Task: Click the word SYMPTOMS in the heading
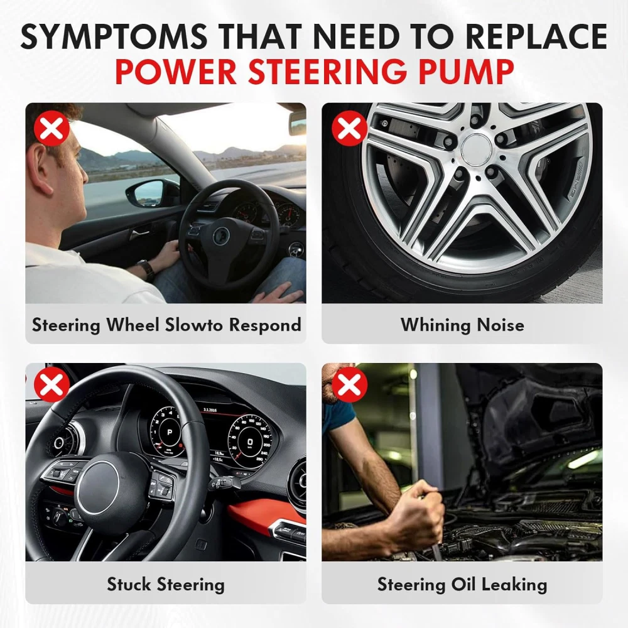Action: [114, 36]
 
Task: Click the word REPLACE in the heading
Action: [536, 36]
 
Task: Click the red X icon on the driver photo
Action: [51, 128]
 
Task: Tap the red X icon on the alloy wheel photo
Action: [349, 128]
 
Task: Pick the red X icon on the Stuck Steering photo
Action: [51, 384]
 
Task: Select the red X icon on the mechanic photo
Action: [349, 384]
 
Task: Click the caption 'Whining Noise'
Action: [462, 325]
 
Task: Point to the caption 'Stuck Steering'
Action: [165, 584]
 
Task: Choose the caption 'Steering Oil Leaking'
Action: [462, 584]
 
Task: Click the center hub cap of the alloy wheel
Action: [477, 149]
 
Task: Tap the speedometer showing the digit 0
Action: [249, 441]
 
